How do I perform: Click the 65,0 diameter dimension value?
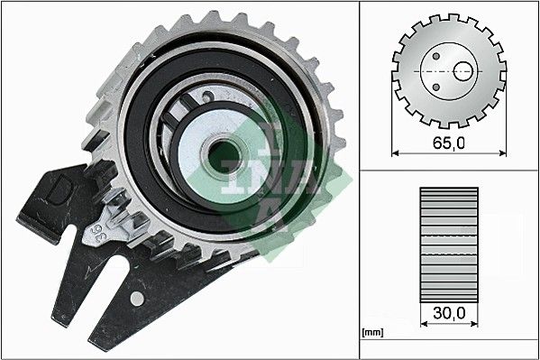click(449, 143)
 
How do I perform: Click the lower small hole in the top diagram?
click(437, 87)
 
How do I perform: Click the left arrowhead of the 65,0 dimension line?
click(398, 154)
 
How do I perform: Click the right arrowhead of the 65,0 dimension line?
click(500, 154)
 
